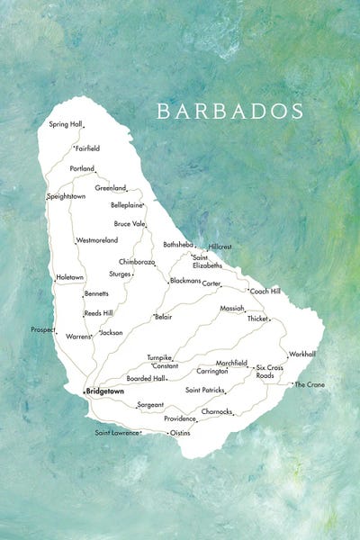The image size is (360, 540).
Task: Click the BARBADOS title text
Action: click(229, 111)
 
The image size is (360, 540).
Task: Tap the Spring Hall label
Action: click(65, 123)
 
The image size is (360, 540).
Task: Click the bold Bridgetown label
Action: click(105, 392)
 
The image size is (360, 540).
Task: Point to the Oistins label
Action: click(181, 433)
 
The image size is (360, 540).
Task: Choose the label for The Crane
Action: click(310, 384)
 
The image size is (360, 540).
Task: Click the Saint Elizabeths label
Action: click(206, 261)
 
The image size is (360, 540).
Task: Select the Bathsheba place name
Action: click(177, 244)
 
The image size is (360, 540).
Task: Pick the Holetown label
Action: click(69, 277)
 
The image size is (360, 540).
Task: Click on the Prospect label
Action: click(42, 329)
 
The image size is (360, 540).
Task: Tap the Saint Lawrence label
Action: click(117, 433)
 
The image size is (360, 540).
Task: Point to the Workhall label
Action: click(302, 354)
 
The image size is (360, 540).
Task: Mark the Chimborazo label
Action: click(137, 261)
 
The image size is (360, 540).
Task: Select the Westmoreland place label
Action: click(97, 240)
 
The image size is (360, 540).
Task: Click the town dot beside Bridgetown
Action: click(83, 392)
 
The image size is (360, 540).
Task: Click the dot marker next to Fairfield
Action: click(74, 146)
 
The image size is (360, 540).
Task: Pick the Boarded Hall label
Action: click(145, 378)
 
